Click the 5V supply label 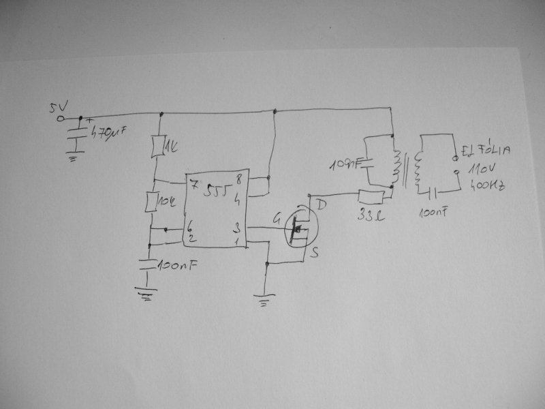point(55,107)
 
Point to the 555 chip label point(217,192)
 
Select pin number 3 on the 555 point(236,226)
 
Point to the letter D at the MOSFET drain point(322,202)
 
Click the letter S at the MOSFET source point(315,253)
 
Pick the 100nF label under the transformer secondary point(433,213)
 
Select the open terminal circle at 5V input point(60,118)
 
